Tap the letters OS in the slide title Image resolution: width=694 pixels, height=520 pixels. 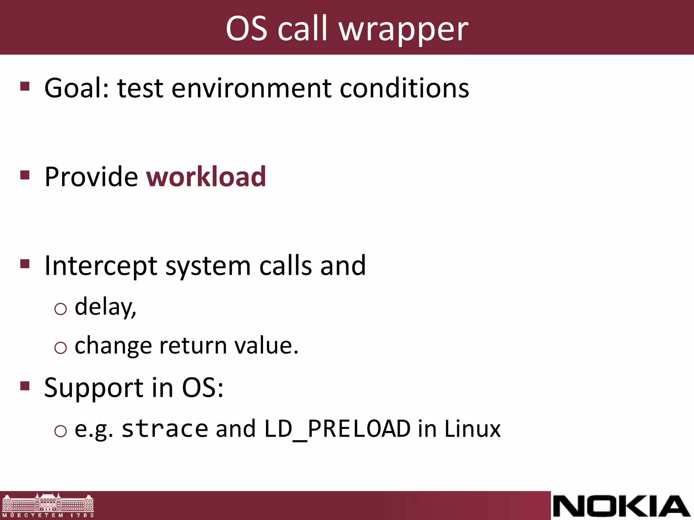point(246,29)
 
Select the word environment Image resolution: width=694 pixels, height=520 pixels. point(251,88)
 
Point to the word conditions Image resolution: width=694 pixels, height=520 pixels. point(404,88)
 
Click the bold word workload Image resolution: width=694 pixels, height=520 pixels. point(206,177)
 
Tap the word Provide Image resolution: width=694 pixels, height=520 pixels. point(91,177)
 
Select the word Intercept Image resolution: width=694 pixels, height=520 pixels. point(101,266)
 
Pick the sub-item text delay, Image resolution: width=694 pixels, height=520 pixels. point(105,307)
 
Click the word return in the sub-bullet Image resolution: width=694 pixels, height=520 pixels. point(193,346)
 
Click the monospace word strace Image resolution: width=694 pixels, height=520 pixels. point(165,429)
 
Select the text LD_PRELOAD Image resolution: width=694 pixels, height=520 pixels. point(337,429)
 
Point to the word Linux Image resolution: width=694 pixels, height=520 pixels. point(472,429)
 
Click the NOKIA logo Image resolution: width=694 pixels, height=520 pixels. point(621,506)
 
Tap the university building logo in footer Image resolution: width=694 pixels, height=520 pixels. point(48,505)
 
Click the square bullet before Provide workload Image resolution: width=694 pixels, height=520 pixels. point(25,175)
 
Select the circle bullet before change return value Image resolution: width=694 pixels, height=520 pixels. point(61,348)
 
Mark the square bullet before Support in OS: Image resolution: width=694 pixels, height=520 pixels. point(25,386)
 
